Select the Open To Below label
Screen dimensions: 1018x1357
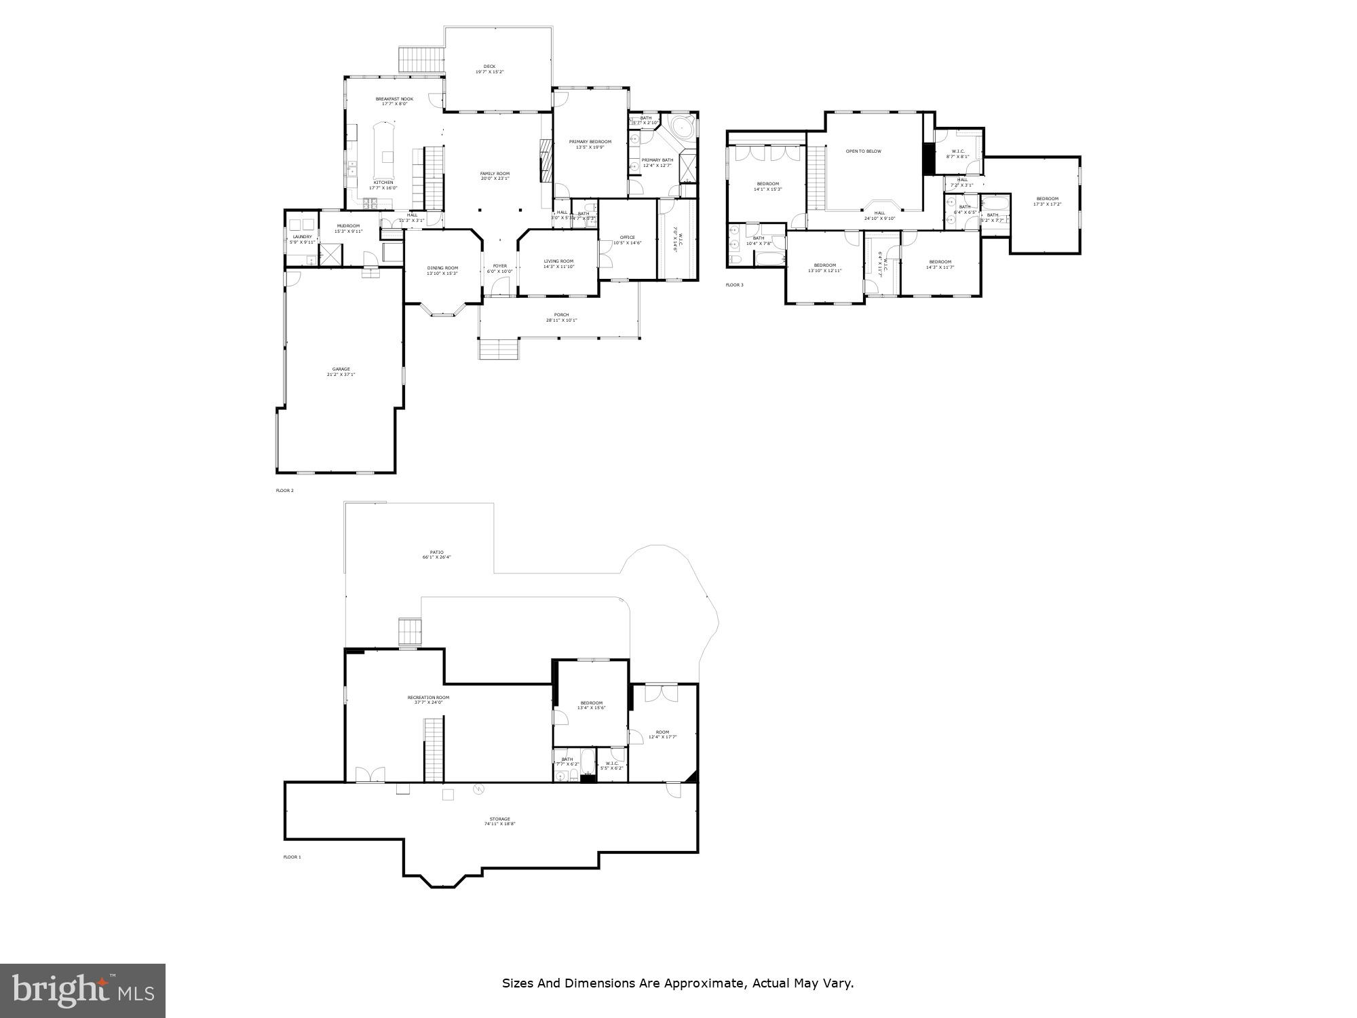(x=863, y=151)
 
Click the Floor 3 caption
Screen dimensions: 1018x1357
(x=734, y=285)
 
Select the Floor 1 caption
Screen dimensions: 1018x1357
(x=292, y=857)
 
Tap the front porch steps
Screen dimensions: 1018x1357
(x=499, y=350)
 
